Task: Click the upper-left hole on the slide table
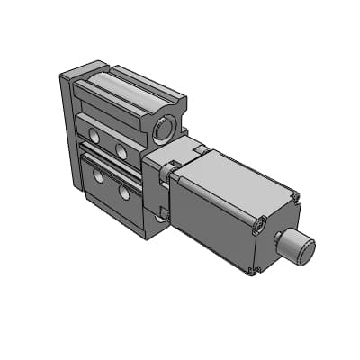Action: [x=94, y=132]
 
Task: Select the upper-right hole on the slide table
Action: [x=121, y=150]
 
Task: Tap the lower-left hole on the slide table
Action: [x=98, y=176]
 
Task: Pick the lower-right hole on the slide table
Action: [x=124, y=192]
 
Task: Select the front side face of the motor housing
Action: [x=211, y=216]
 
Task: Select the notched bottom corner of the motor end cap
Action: [x=257, y=269]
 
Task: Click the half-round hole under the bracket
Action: [x=160, y=217]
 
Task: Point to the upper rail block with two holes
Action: [x=108, y=139]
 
